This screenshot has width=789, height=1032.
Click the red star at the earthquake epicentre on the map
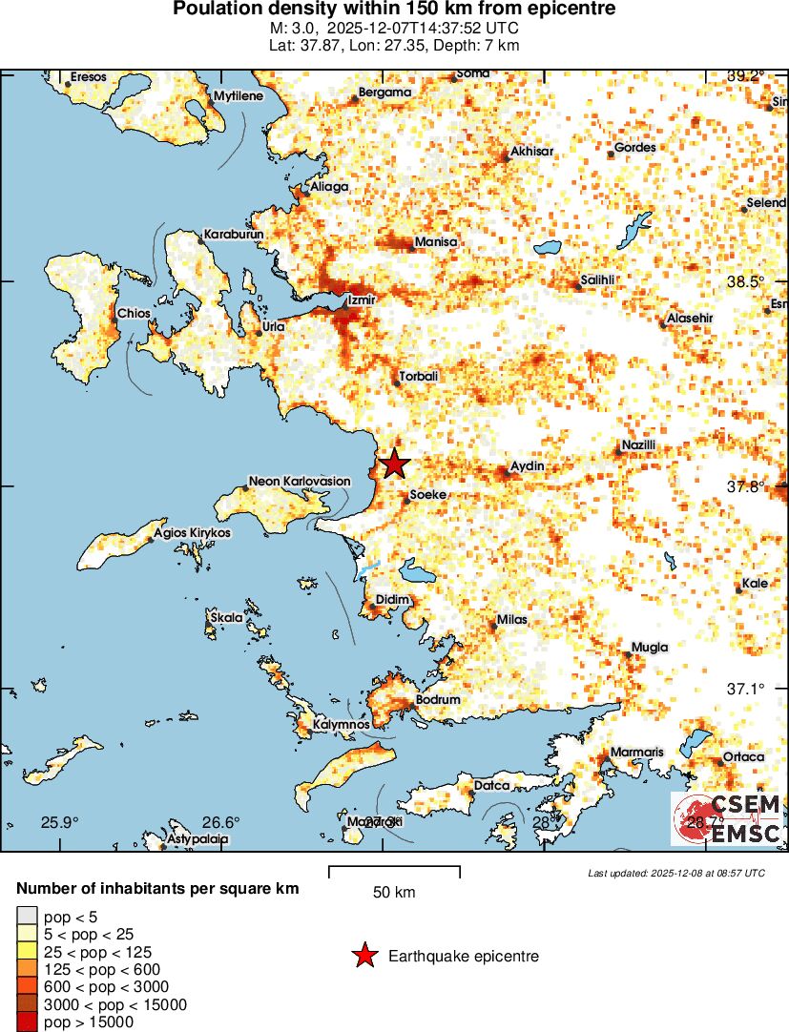pyautogui.click(x=394, y=464)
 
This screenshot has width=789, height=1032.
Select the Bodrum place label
pyautogui.click(x=438, y=700)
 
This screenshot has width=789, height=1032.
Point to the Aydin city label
pyautogui.click(x=528, y=465)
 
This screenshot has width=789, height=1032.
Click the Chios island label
pyautogui.click(x=133, y=313)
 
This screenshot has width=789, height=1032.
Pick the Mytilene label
pyautogui.click(x=238, y=96)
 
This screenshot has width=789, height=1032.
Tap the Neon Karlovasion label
pyautogui.click(x=299, y=482)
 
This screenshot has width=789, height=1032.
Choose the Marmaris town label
pyautogui.click(x=636, y=753)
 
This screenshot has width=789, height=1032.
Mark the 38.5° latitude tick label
pyautogui.click(x=745, y=282)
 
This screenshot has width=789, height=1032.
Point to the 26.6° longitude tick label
pyautogui.click(x=222, y=822)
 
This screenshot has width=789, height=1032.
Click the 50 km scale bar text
pyautogui.click(x=394, y=893)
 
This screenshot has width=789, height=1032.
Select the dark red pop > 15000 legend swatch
pyautogui.click(x=28, y=1022)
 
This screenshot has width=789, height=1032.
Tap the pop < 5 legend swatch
pyautogui.click(x=28, y=917)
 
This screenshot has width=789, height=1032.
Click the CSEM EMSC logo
pyautogui.click(x=729, y=818)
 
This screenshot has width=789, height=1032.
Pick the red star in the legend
pyautogui.click(x=363, y=956)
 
